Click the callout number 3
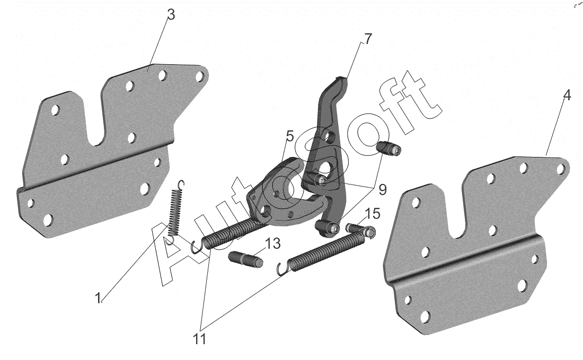[171, 15]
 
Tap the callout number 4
[567, 95]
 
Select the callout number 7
[367, 39]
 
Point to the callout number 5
[290, 136]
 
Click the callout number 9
[382, 190]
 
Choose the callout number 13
[272, 244]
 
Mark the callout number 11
[200, 339]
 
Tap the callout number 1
[98, 298]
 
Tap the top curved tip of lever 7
[342, 81]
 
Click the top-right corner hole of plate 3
[200, 76]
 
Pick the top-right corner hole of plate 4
[560, 169]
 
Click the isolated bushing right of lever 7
[390, 149]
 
